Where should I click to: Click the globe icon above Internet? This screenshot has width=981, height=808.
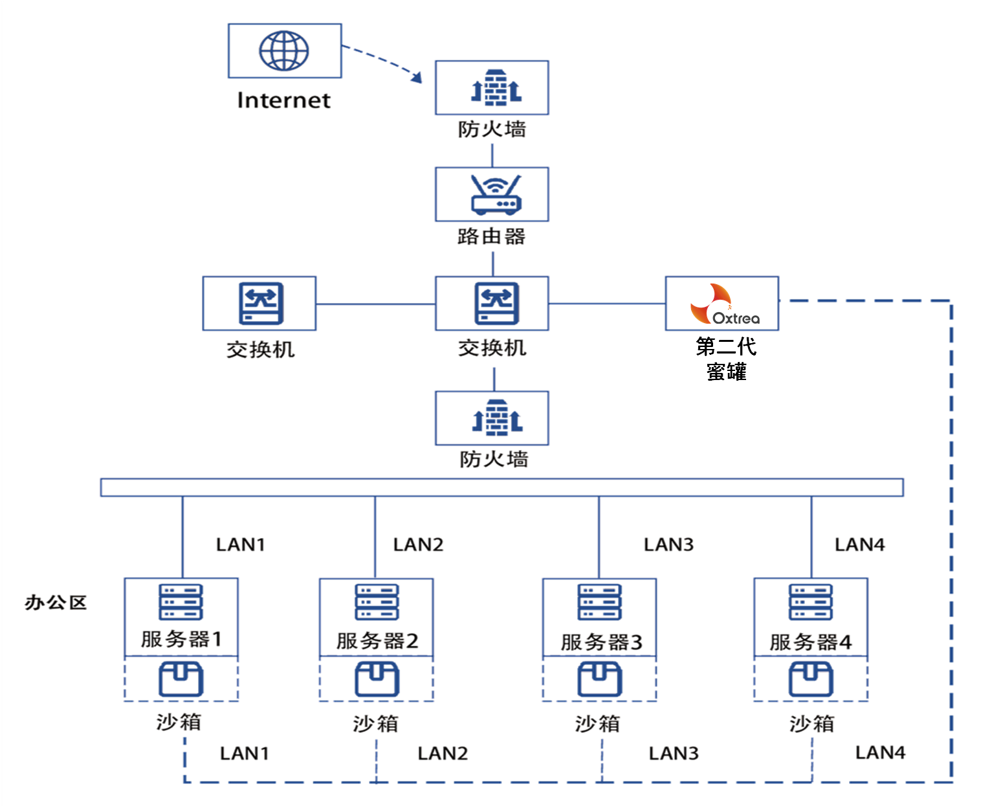(284, 50)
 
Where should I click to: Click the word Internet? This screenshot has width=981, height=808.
(283, 100)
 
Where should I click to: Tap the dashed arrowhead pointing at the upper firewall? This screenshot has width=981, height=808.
(417, 78)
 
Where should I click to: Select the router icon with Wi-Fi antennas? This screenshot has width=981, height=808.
(496, 194)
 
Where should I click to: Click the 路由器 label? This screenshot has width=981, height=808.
(492, 236)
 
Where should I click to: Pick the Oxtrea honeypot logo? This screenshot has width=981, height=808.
(721, 304)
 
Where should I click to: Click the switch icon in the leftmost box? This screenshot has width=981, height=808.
(260, 303)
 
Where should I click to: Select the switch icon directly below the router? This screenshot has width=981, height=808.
(496, 303)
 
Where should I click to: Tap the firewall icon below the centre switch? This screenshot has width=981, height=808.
(496, 418)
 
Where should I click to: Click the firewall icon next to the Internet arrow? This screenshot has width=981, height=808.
(496, 87)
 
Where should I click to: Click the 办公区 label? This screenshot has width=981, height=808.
(56, 603)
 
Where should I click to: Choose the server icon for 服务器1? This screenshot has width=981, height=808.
(181, 602)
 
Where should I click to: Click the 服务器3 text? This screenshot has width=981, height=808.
(601, 642)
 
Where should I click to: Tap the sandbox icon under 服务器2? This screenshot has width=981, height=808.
(377, 679)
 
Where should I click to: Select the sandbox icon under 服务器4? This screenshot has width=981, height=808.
(811, 679)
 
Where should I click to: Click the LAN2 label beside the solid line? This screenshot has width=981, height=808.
(418, 544)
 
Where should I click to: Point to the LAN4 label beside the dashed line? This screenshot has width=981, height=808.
(880, 752)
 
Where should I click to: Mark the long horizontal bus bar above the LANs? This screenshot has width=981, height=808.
(502, 488)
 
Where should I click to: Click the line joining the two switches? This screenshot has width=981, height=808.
(375, 304)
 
